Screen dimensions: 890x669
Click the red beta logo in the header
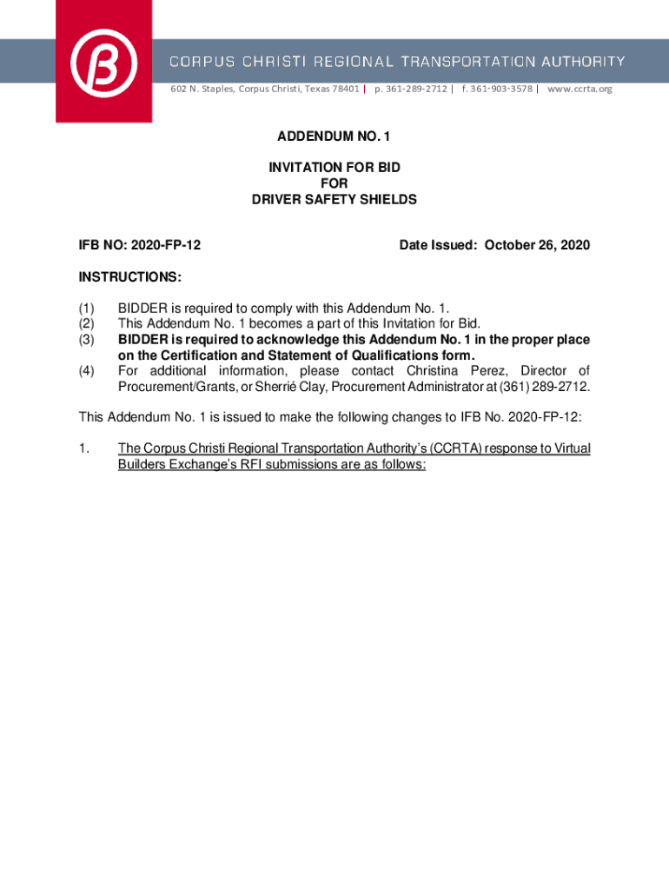point(103,61)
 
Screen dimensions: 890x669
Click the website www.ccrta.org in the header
point(580,89)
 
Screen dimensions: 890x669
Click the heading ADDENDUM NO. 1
point(334,136)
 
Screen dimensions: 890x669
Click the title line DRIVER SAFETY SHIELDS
point(334,200)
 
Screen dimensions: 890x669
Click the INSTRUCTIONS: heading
point(130,277)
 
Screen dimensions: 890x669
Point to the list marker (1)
point(86,309)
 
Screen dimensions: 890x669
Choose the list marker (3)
point(86,340)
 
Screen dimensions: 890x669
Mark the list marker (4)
point(86,371)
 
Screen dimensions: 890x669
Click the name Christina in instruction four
point(436,371)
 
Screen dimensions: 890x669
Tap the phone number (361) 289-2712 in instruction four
point(534,387)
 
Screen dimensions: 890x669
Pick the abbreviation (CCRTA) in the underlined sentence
point(455,448)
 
